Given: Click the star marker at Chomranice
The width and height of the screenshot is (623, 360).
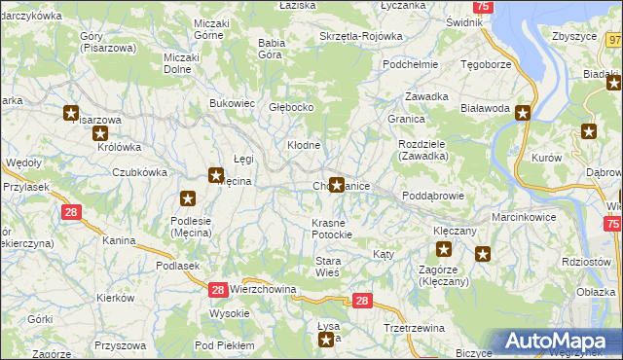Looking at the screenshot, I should (337, 184).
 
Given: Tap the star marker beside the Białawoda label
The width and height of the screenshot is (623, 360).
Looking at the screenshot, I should (523, 113).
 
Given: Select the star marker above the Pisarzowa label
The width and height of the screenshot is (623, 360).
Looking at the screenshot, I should (70, 114).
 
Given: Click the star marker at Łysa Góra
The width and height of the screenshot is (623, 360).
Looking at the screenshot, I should (327, 339).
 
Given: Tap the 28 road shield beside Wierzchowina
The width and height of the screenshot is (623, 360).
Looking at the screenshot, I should (218, 289).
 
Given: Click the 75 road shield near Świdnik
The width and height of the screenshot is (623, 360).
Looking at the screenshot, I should (485, 7).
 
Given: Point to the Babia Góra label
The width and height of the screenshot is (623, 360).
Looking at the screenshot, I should (270, 48).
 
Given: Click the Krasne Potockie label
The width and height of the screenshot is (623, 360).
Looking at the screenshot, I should (336, 229).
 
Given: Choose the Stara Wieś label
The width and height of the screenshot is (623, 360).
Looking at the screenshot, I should (327, 266).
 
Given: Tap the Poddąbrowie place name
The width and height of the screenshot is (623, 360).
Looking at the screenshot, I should (432, 195).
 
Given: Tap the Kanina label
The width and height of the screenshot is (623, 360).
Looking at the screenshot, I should (118, 239).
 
